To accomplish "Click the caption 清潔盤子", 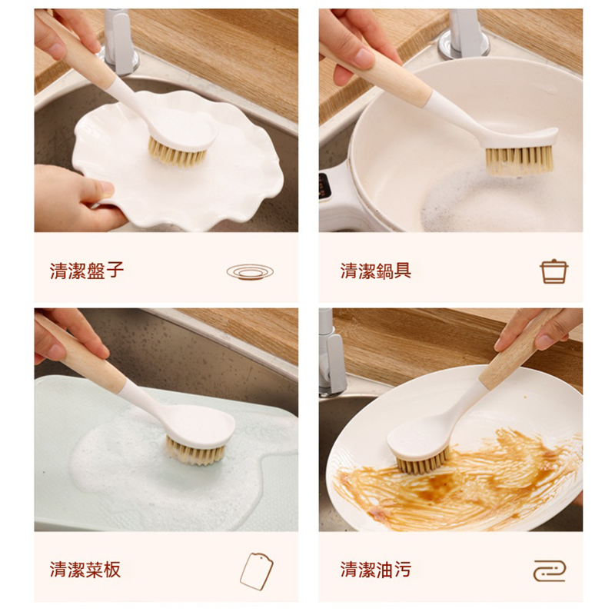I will coord(87,271).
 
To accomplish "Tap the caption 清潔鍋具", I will coord(376,271).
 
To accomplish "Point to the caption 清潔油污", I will coord(376,570).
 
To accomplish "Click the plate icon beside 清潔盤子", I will coord(250,271).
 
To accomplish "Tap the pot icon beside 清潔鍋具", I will coord(553,271).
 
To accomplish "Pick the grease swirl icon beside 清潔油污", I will coord(550,570).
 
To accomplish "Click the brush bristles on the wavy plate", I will coord(177,153).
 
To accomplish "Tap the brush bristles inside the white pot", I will coord(518,160).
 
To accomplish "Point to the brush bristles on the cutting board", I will coord(196,450).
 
